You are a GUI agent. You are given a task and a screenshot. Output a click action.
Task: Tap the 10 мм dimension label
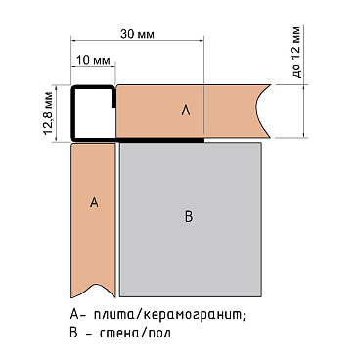(93, 61)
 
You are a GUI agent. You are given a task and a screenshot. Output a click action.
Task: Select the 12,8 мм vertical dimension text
(47, 113)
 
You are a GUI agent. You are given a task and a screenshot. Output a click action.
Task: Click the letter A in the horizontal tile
(185, 112)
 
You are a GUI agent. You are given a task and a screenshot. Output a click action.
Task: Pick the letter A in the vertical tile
(94, 202)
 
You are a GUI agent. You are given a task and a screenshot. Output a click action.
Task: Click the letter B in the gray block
(189, 216)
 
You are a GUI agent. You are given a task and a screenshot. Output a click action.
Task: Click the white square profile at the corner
(93, 112)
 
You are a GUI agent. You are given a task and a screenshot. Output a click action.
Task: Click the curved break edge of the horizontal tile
(262, 111)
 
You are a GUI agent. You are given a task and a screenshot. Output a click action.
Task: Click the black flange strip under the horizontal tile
(161, 140)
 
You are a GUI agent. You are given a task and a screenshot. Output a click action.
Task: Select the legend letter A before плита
(74, 315)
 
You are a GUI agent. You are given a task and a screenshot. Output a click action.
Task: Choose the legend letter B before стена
(74, 334)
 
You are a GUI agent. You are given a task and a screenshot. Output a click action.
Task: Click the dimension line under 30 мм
(137, 40)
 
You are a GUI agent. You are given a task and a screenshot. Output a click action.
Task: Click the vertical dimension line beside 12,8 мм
(60, 113)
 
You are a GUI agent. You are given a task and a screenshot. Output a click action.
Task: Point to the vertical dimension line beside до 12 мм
(306, 111)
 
